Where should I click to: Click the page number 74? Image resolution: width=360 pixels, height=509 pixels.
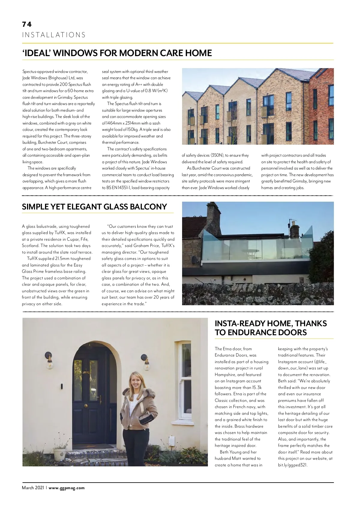(27, 24)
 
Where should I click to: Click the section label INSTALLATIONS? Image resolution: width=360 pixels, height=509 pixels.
(54, 35)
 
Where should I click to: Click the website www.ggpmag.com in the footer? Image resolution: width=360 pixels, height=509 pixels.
(67, 488)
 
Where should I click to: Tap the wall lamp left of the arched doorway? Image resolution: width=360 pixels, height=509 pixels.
(49, 360)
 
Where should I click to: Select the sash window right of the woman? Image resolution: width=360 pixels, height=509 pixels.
(185, 381)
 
